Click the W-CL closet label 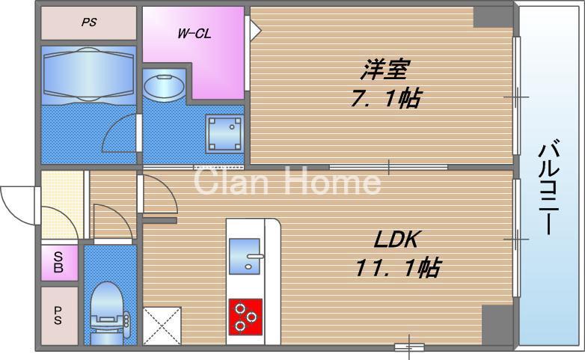192,34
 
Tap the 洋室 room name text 384,70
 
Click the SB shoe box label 58,263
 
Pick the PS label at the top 88,22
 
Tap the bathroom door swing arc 120,135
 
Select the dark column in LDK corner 496,324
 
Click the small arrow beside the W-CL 255,30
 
